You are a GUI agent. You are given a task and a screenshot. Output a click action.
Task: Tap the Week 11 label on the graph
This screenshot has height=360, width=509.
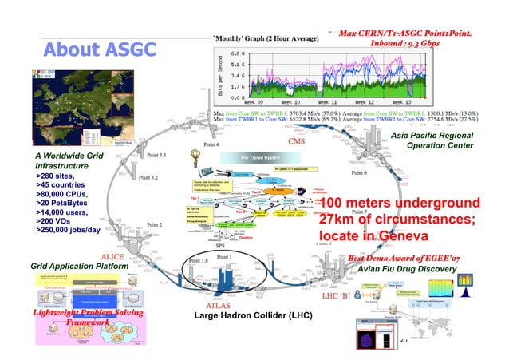click(329, 103)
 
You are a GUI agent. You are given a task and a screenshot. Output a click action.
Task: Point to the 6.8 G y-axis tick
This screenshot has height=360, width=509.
click(237, 53)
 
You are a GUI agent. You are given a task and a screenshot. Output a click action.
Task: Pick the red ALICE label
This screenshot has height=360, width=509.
click(112, 256)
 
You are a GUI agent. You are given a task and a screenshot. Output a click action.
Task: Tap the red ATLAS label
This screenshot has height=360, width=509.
click(220, 305)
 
